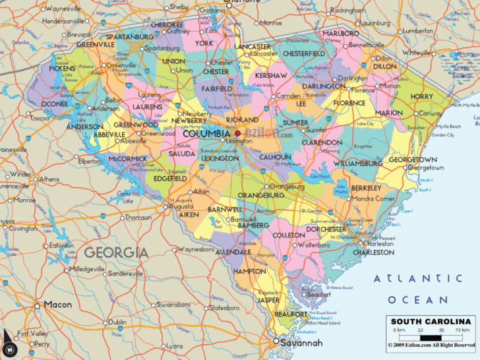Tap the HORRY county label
tap(422, 97)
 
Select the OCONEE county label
tap(55, 104)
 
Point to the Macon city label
tap(57, 305)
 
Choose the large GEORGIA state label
tap(116, 252)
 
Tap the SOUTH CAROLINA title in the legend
tap(429, 321)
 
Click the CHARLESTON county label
tap(373, 253)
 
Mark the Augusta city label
tap(181, 206)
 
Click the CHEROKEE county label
tap(167, 25)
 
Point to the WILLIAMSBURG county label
tap(357, 163)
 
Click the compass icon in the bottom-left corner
tap(10, 347)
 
